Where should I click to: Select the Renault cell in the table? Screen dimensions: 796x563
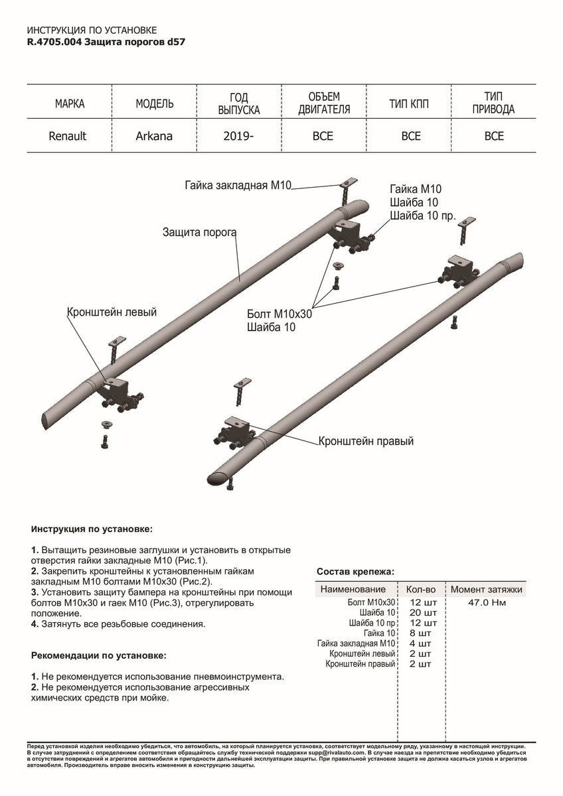point(68,136)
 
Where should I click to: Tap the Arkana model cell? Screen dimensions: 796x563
point(154,136)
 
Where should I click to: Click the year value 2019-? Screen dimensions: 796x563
point(239,136)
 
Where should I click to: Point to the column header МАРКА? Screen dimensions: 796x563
point(70,104)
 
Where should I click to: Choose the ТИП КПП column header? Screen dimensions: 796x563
point(411,104)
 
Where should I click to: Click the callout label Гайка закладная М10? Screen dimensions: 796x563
point(238,186)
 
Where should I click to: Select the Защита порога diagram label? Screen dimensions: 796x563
point(200,232)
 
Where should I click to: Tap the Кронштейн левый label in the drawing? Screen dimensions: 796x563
point(112,312)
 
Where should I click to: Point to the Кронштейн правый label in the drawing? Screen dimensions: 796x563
point(366,440)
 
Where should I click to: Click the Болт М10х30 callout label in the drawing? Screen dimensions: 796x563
point(279,314)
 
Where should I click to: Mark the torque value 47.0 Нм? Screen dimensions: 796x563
point(487,603)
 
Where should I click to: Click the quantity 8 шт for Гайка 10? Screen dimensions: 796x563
point(421,633)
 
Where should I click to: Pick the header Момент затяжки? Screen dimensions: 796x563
point(487,588)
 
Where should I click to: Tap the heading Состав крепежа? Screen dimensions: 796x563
point(355,572)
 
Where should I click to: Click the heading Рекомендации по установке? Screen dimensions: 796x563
point(99,655)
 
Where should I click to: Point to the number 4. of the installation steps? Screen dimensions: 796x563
point(35,624)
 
